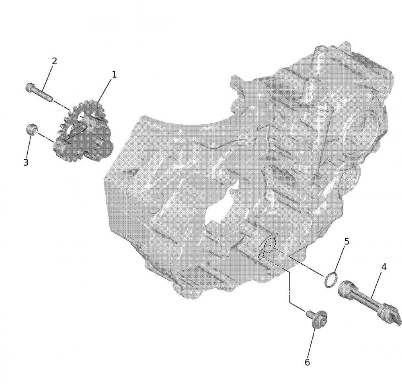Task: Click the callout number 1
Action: pos(114,75)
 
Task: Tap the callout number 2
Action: pos(54,61)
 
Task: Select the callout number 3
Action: pos(26,162)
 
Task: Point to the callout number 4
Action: pos(384,267)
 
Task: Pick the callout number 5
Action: pos(347,241)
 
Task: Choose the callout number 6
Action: pos(307,362)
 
